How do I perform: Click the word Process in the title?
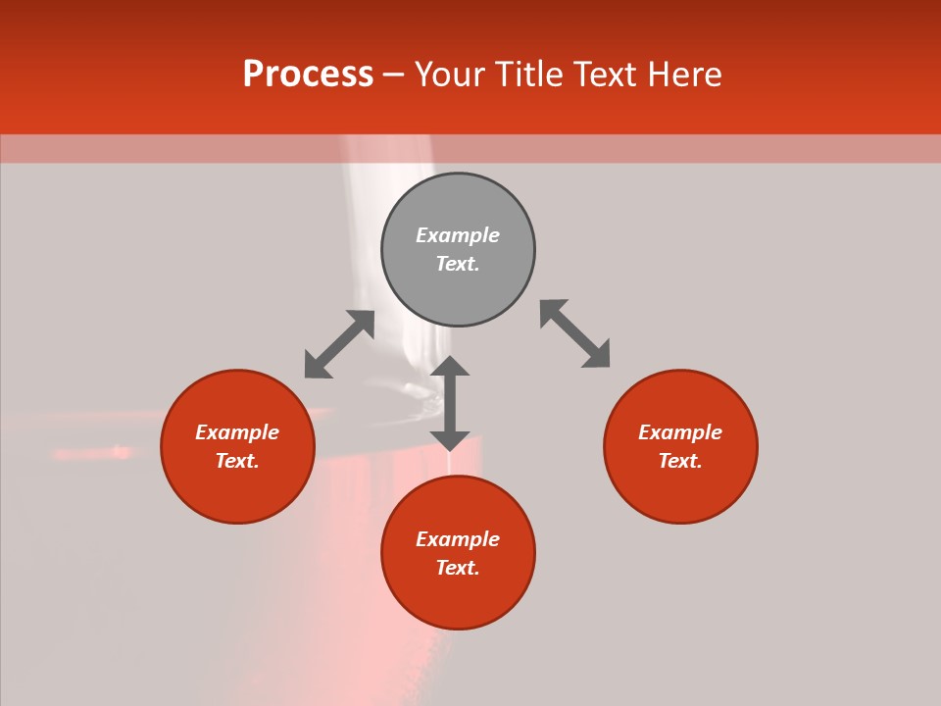[308, 75]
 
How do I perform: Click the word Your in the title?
[451, 75]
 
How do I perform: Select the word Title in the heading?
[532, 75]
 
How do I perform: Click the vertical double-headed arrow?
[450, 403]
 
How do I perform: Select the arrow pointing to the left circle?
[339, 344]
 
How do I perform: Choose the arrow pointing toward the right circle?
[574, 333]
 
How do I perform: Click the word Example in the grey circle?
[458, 235]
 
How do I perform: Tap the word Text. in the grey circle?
[458, 264]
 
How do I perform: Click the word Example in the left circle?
[237, 432]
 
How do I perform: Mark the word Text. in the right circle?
[680, 461]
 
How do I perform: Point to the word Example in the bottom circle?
[458, 539]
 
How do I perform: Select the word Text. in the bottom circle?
[458, 568]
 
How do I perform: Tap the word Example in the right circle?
[680, 432]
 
